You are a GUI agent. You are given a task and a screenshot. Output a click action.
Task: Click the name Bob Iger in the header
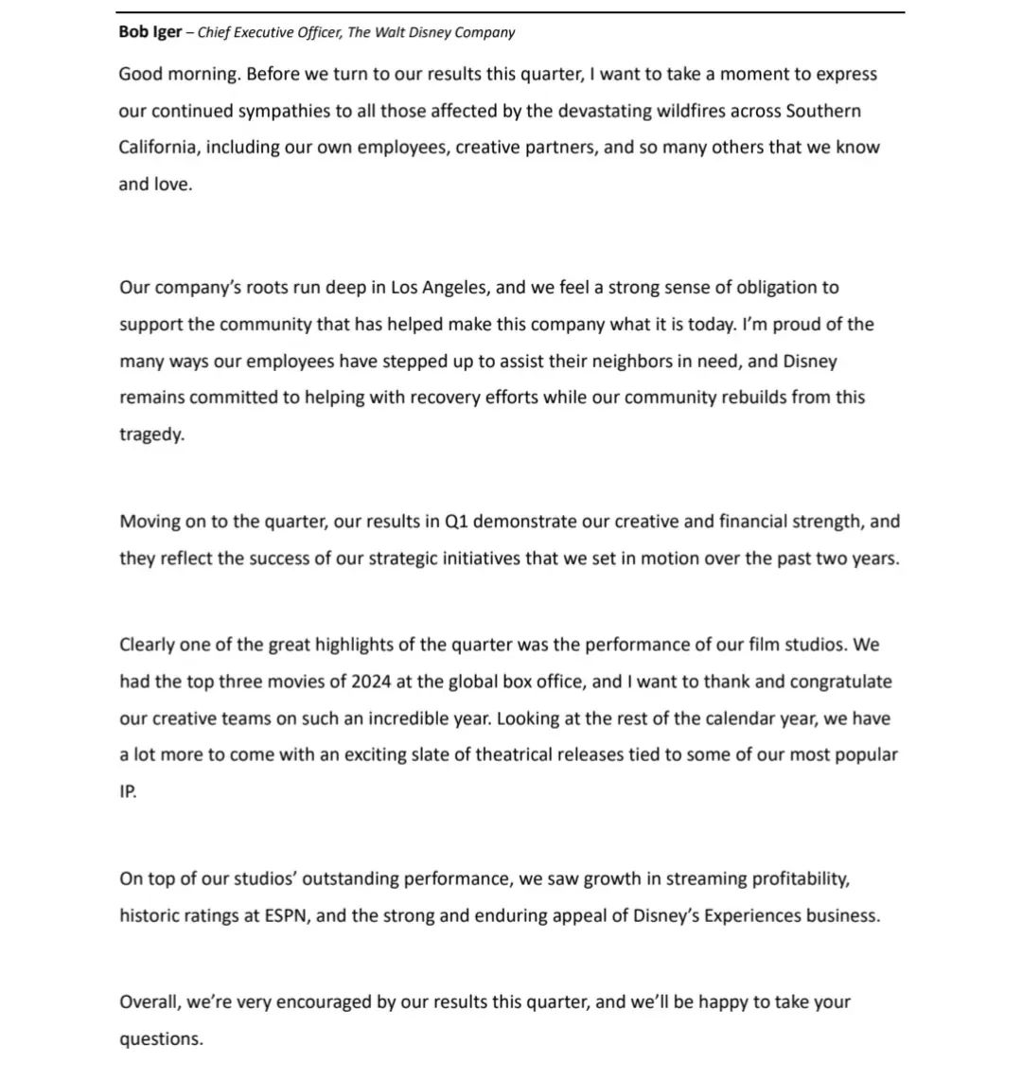[x=150, y=32]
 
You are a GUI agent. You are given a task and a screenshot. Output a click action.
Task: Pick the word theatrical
[x=496, y=755]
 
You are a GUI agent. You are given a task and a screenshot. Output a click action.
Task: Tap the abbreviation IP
[x=128, y=792]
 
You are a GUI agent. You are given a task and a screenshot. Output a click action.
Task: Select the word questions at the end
[x=161, y=1038]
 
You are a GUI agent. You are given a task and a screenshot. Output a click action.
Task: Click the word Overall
[x=150, y=1001]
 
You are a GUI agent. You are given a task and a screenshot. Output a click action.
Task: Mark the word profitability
[x=801, y=879]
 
